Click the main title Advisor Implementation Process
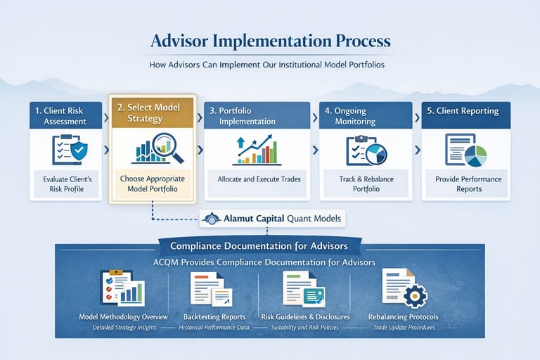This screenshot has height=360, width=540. [x=270, y=41]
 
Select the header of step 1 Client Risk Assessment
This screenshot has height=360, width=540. [x=66, y=115]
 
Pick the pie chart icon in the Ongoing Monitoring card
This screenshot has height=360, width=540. [x=375, y=153]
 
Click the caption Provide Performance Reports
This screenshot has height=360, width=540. [x=468, y=184]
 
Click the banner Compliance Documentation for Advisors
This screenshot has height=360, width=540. [x=259, y=245]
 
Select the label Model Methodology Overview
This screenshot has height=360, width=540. [x=124, y=317]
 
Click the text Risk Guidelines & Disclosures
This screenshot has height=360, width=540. [x=305, y=317]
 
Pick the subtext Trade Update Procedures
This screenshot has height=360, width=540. [x=403, y=328]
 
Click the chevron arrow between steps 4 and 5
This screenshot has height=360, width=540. [x=418, y=150]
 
